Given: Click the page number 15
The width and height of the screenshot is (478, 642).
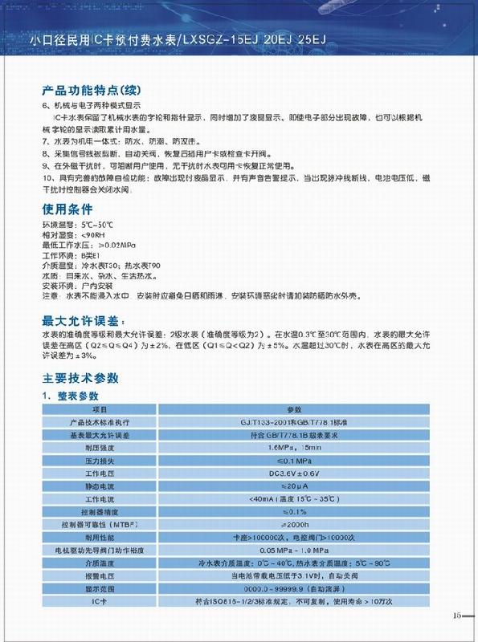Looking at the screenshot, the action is pos(457,616).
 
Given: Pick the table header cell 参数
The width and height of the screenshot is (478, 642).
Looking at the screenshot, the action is pos(292,409).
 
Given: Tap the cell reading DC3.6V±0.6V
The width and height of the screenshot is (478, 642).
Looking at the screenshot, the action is pos(292,474).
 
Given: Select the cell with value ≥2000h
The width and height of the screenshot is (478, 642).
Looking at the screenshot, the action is pos(292,526).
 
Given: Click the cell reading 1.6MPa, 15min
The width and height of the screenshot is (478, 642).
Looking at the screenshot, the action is pos(292,449).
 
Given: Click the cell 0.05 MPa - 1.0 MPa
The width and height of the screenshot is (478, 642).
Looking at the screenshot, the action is pos(292,551).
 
